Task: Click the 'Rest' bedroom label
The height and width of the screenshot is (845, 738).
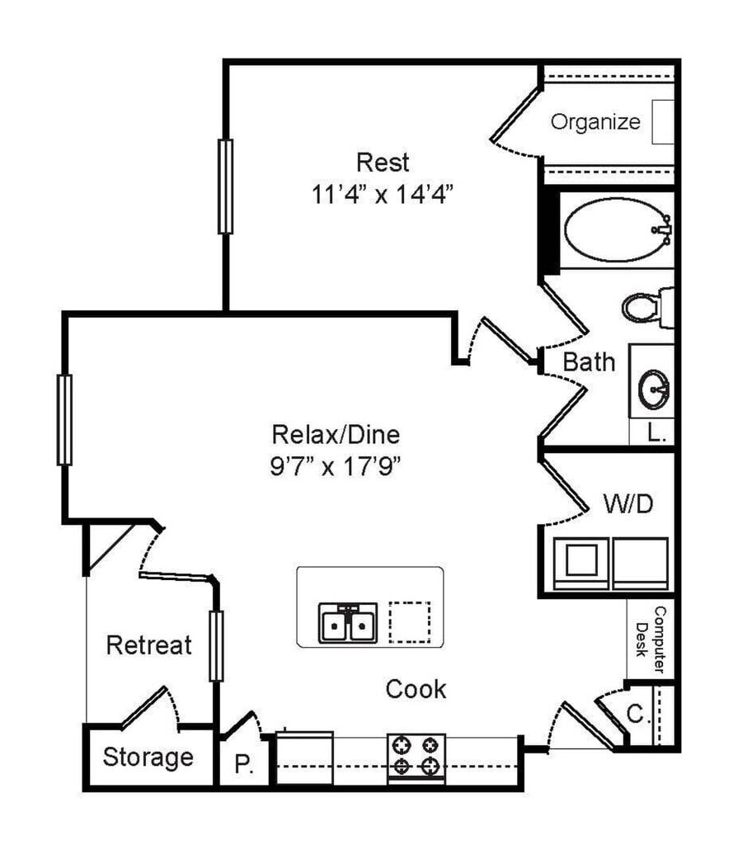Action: [x=382, y=162]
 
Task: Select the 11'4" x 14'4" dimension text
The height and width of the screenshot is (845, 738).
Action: [x=383, y=196]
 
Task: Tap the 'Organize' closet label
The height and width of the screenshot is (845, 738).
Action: [x=595, y=123]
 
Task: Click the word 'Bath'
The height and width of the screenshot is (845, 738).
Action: [x=589, y=361]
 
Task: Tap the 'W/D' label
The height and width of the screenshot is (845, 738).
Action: [x=628, y=503]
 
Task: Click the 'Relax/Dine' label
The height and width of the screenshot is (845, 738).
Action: [x=336, y=434]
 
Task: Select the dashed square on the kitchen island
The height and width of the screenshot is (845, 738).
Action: [x=410, y=621]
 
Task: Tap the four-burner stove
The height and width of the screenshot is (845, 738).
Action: [x=416, y=755]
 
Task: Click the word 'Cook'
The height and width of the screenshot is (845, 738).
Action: [x=416, y=689]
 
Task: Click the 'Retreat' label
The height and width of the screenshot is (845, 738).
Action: [x=149, y=644]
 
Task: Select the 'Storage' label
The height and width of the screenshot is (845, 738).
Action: [x=148, y=757]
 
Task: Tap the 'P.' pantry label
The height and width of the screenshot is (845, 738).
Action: [x=243, y=765]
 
